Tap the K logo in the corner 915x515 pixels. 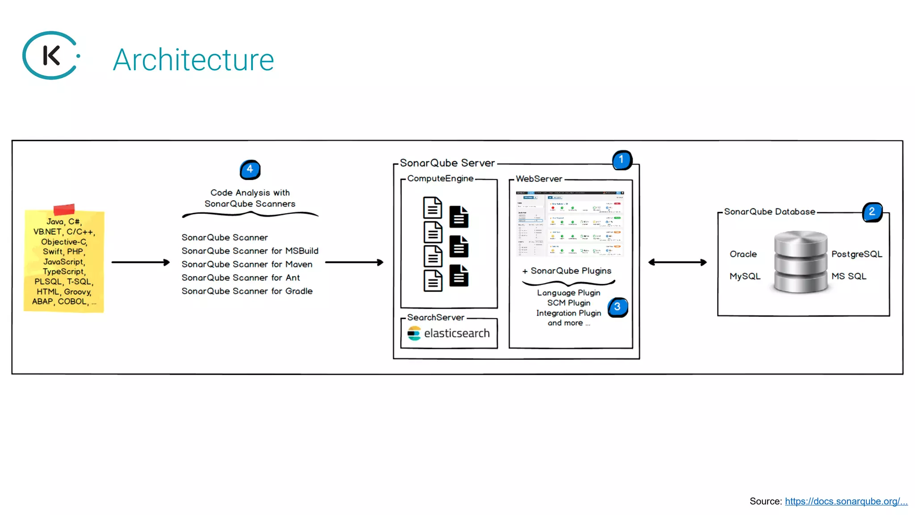pos(51,55)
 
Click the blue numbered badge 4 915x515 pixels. pos(250,169)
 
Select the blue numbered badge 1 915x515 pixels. pos(621,160)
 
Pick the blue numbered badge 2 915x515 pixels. pos(872,212)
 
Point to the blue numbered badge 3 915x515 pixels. pos(617,307)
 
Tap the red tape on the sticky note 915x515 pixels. pos(64,209)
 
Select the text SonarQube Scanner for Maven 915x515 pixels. pos(247,264)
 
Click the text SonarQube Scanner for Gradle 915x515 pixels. pos(247,291)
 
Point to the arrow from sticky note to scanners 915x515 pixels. pos(140,262)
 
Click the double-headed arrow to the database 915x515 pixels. pos(677,262)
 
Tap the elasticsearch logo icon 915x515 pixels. pos(414,333)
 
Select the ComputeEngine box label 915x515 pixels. pos(440,178)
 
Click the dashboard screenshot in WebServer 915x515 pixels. pos(570,224)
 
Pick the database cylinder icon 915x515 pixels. pos(800,262)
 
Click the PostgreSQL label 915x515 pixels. pos(856,254)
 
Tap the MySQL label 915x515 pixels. pos(745,276)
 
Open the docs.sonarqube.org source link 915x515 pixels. pos(846,501)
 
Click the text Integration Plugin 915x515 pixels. pos(568,313)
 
